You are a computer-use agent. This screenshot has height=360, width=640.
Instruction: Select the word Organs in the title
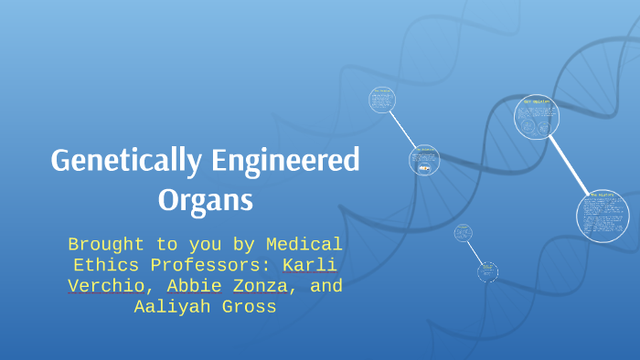(205, 198)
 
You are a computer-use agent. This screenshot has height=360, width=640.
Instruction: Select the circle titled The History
(603, 216)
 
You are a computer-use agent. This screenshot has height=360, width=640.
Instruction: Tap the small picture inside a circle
(423, 168)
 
